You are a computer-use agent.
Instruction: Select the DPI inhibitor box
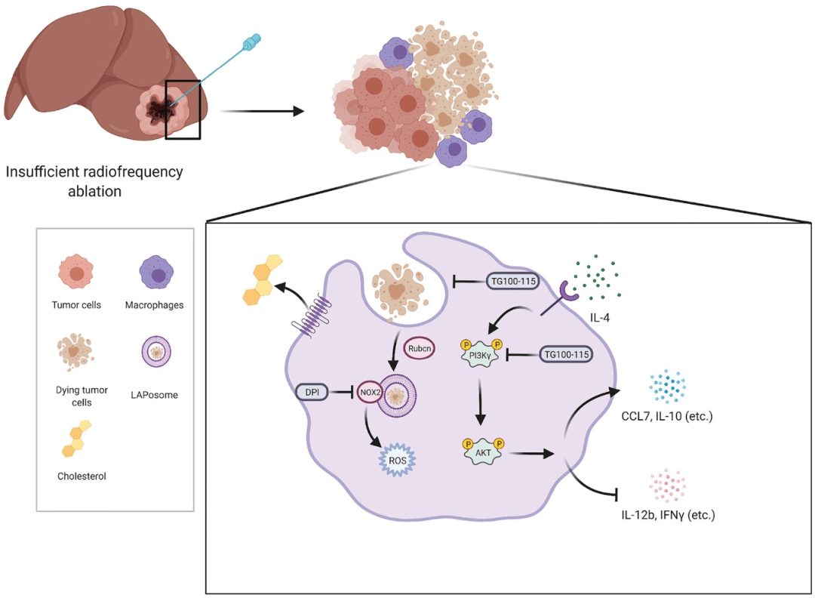(312, 393)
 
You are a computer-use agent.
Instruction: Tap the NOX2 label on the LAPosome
(368, 393)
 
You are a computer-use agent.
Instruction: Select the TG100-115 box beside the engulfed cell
(509, 281)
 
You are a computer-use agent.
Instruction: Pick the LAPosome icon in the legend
(157, 352)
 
